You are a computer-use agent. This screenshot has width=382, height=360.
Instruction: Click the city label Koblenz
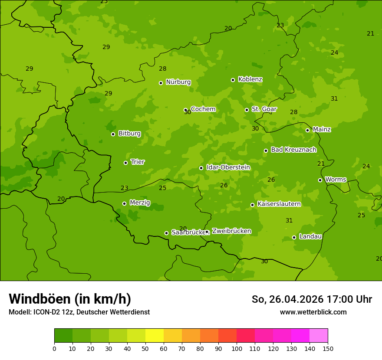tap(250, 79)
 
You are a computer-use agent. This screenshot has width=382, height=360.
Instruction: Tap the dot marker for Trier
tap(126, 163)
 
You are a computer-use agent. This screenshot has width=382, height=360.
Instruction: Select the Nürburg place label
tap(178, 82)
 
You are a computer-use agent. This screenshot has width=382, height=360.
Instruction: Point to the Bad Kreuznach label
tap(293, 150)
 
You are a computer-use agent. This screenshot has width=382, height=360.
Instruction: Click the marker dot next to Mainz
tap(307, 130)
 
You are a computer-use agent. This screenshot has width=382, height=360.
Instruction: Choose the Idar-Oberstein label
tap(228, 167)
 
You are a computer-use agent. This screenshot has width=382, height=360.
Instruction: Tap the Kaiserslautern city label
tap(279, 204)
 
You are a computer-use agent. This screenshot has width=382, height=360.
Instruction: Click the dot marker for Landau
tap(294, 237)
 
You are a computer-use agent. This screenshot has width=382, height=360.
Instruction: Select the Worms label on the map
tap(336, 180)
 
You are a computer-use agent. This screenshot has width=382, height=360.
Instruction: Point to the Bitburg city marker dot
tap(113, 134)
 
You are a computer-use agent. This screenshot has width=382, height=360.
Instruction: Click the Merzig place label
tap(140, 203)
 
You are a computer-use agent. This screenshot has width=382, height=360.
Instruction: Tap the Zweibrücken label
tap(231, 231)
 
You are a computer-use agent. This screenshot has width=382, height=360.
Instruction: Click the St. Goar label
tap(264, 109)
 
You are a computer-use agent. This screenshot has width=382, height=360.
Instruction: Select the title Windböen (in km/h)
tap(70, 299)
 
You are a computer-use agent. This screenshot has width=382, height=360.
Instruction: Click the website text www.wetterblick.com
tap(313, 312)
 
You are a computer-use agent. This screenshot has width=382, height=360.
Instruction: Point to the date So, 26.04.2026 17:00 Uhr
tap(312, 299)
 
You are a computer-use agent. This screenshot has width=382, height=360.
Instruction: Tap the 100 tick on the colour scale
tap(237, 348)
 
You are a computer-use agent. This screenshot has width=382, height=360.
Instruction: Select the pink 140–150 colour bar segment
tap(319, 336)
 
